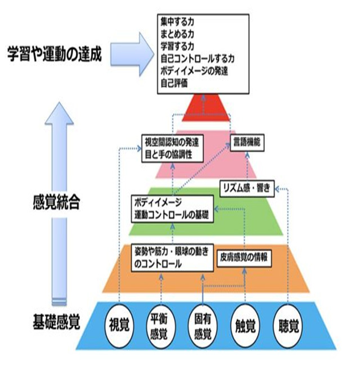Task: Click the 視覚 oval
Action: pos(119,324)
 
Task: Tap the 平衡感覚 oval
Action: pos(161,324)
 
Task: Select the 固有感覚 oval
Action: pos(202,324)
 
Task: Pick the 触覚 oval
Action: pos(245,324)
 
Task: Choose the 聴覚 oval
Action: pos(287,324)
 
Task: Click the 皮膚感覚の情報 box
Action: pos(245,256)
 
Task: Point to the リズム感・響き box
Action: pos(246,189)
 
